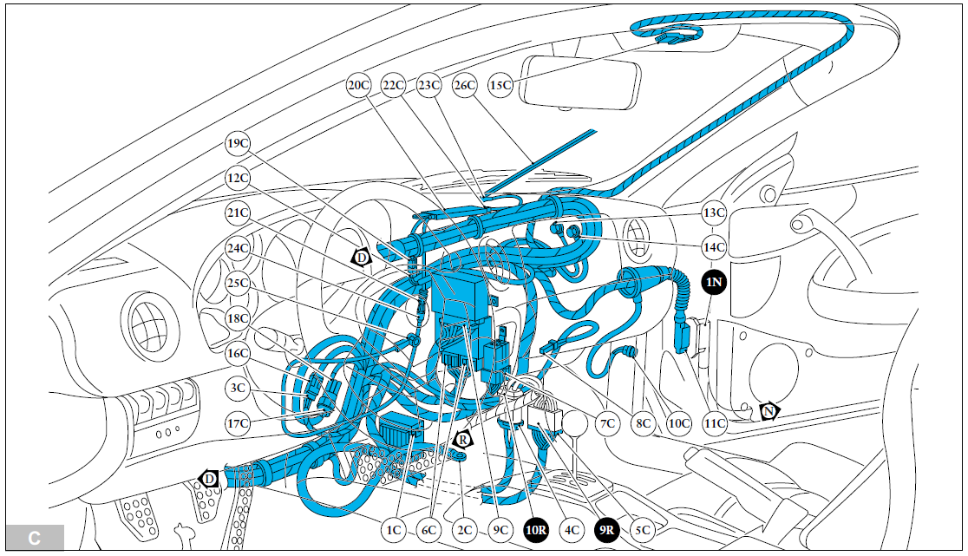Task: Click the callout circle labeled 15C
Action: coord(500,85)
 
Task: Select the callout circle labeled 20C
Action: coord(358,85)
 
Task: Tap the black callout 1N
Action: coord(714,282)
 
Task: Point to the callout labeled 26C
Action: coord(465,85)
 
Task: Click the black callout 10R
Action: coord(536,529)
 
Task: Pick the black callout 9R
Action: coord(606,529)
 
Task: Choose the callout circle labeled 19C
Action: coord(238,143)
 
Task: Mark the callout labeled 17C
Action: coord(238,424)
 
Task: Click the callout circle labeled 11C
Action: coord(715,424)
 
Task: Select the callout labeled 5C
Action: coord(643,529)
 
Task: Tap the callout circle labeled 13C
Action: coord(714,213)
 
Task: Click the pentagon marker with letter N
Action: coord(769,411)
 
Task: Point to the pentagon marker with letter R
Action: coord(462,440)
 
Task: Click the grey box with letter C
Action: coord(35,538)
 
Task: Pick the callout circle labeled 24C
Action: coord(238,248)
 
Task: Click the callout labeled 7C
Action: coord(608,424)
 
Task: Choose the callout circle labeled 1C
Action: coord(393,529)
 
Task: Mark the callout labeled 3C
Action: coord(238,389)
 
